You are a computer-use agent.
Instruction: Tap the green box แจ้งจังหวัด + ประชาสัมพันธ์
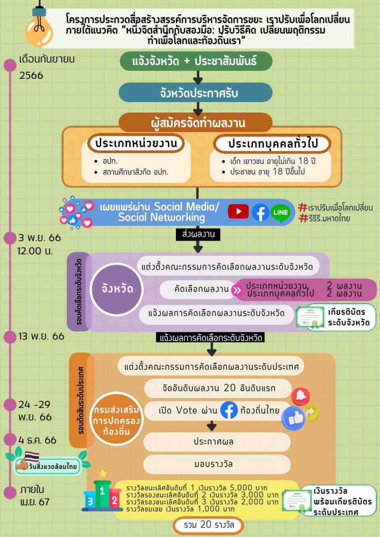196,62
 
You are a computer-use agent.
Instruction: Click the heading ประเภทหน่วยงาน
136,144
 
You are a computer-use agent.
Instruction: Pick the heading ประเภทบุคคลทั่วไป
272,144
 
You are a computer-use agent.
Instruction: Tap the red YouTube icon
238,212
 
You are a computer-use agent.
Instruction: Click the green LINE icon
281,212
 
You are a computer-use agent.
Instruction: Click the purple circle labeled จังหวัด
117,289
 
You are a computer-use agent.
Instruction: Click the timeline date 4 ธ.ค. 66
38,440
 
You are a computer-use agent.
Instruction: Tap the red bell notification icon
300,396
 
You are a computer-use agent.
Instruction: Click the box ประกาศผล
217,442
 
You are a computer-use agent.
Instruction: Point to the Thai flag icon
32,456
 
